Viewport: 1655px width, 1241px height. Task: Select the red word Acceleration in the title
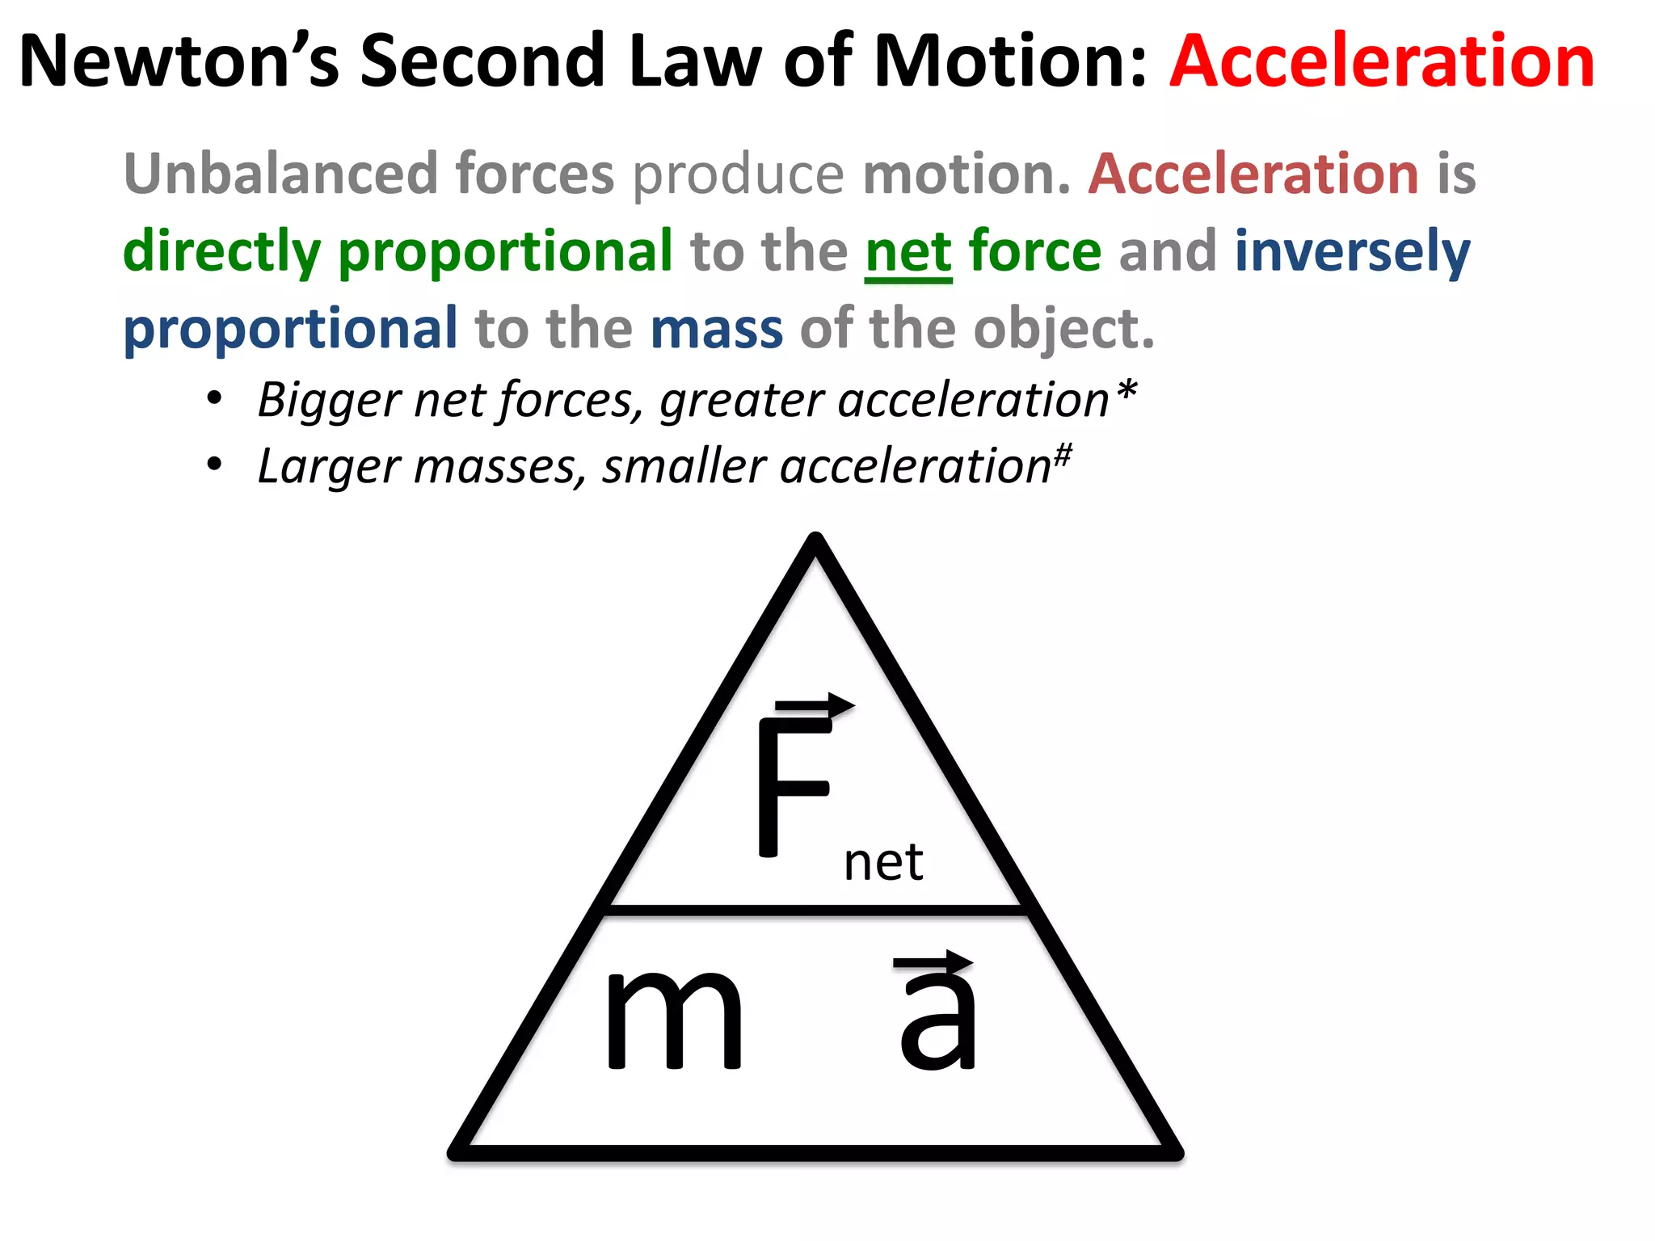pos(1382,61)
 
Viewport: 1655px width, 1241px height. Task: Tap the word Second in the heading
pos(482,61)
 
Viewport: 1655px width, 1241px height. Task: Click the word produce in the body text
pos(738,175)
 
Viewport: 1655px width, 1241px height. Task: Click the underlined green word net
pos(908,251)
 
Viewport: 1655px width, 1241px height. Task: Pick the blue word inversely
pos(1352,251)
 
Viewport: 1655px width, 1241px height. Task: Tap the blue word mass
pos(716,329)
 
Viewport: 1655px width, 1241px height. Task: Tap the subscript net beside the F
pos(883,863)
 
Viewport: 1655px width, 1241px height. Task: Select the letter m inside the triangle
pos(674,1020)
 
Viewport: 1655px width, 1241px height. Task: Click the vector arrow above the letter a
pos(934,961)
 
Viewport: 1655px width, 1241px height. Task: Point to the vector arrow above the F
pos(815,705)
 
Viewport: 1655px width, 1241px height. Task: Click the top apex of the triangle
pos(815,540)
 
